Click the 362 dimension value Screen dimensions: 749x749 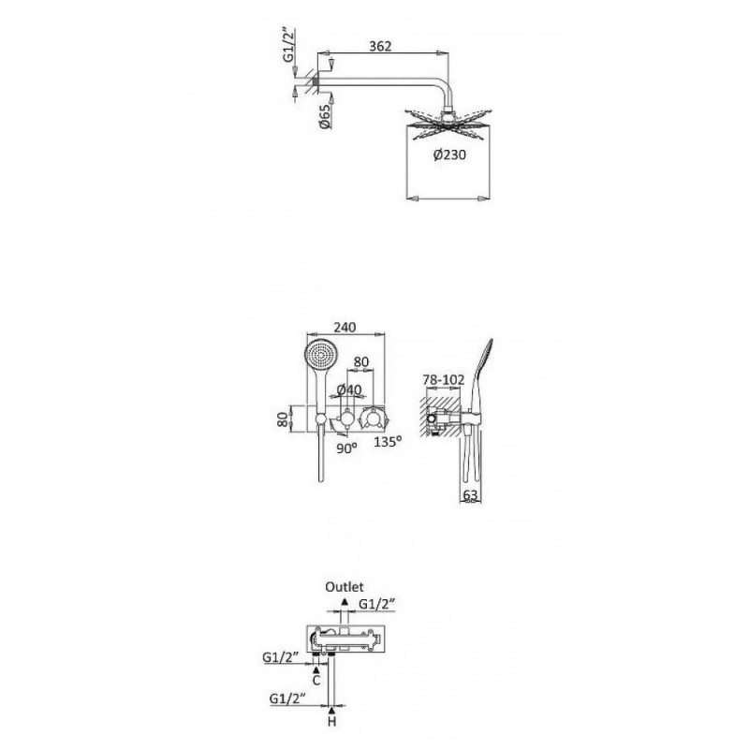click(x=380, y=46)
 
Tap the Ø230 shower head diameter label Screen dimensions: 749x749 click(x=449, y=154)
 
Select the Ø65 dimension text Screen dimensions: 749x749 click(x=324, y=116)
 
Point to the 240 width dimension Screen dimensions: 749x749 click(x=345, y=327)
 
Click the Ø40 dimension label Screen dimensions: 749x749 click(x=349, y=389)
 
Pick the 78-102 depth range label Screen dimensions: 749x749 click(x=443, y=380)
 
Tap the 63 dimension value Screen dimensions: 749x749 click(x=470, y=495)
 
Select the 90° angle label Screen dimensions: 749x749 click(x=346, y=448)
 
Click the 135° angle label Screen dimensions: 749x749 click(x=388, y=441)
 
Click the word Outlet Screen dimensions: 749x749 click(x=345, y=587)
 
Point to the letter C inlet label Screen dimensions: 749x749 click(x=316, y=681)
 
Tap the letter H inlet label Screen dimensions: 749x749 click(x=332, y=721)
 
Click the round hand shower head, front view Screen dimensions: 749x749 click(x=320, y=356)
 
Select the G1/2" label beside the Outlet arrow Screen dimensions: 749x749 click(x=377, y=604)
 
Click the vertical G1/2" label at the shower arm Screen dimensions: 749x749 click(x=288, y=45)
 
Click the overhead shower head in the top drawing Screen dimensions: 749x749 click(x=448, y=125)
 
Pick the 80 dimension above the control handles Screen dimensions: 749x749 click(x=361, y=361)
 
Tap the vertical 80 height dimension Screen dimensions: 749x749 click(x=284, y=419)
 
